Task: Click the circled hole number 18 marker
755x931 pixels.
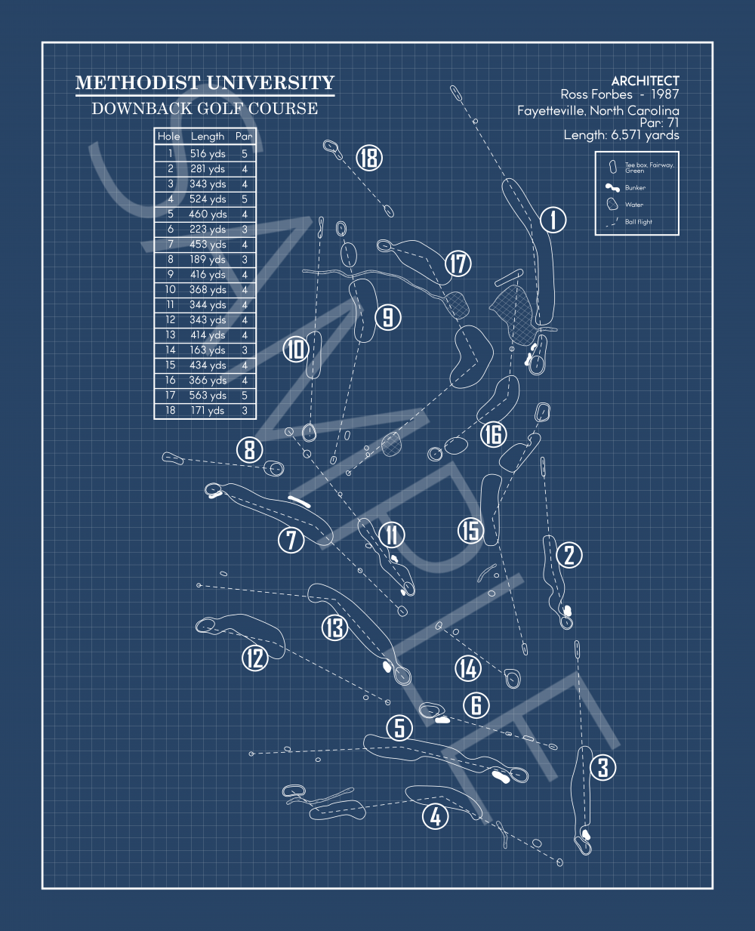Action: point(368,158)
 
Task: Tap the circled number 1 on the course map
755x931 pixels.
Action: point(553,220)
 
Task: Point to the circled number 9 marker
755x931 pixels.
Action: point(387,316)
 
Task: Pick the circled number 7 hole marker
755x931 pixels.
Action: point(291,539)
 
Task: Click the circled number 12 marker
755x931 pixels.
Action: point(255,658)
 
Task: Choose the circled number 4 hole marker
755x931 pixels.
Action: point(435,815)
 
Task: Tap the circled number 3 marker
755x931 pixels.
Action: point(602,768)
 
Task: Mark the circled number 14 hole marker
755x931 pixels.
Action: point(468,667)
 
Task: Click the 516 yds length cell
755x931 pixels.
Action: point(208,153)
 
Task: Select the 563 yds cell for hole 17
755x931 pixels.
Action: point(208,395)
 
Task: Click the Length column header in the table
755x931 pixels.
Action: point(208,137)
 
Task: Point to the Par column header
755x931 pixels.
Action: point(244,137)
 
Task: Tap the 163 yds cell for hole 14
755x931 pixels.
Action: point(208,350)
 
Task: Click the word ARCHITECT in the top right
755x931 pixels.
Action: point(645,81)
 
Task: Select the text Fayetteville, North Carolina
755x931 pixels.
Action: point(598,111)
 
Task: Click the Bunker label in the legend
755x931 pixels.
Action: point(635,188)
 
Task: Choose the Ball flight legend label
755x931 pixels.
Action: point(639,222)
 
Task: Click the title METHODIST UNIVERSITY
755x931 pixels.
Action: point(205,83)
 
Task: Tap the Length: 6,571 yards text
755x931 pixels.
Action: point(621,135)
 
